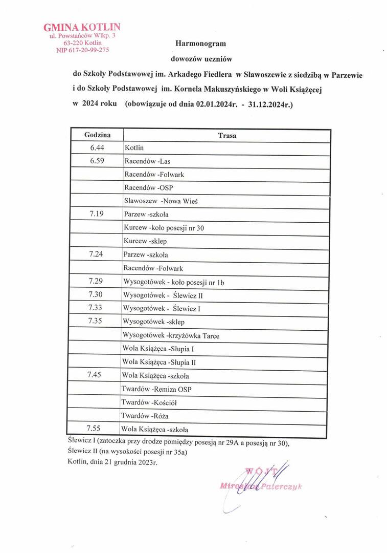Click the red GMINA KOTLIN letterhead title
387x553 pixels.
pos(82,27)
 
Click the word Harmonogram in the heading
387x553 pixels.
pos(200,44)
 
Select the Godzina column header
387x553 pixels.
pos(96,135)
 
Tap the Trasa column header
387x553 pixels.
pos(226,136)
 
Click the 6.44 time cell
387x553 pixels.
pos(96,147)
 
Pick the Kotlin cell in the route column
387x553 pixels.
pos(134,148)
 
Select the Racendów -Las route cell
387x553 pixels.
pos(147,161)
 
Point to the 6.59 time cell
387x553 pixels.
pos(96,161)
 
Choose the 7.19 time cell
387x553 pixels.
pos(96,214)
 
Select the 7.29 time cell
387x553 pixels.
pos(96,281)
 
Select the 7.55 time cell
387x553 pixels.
pos(95,428)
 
